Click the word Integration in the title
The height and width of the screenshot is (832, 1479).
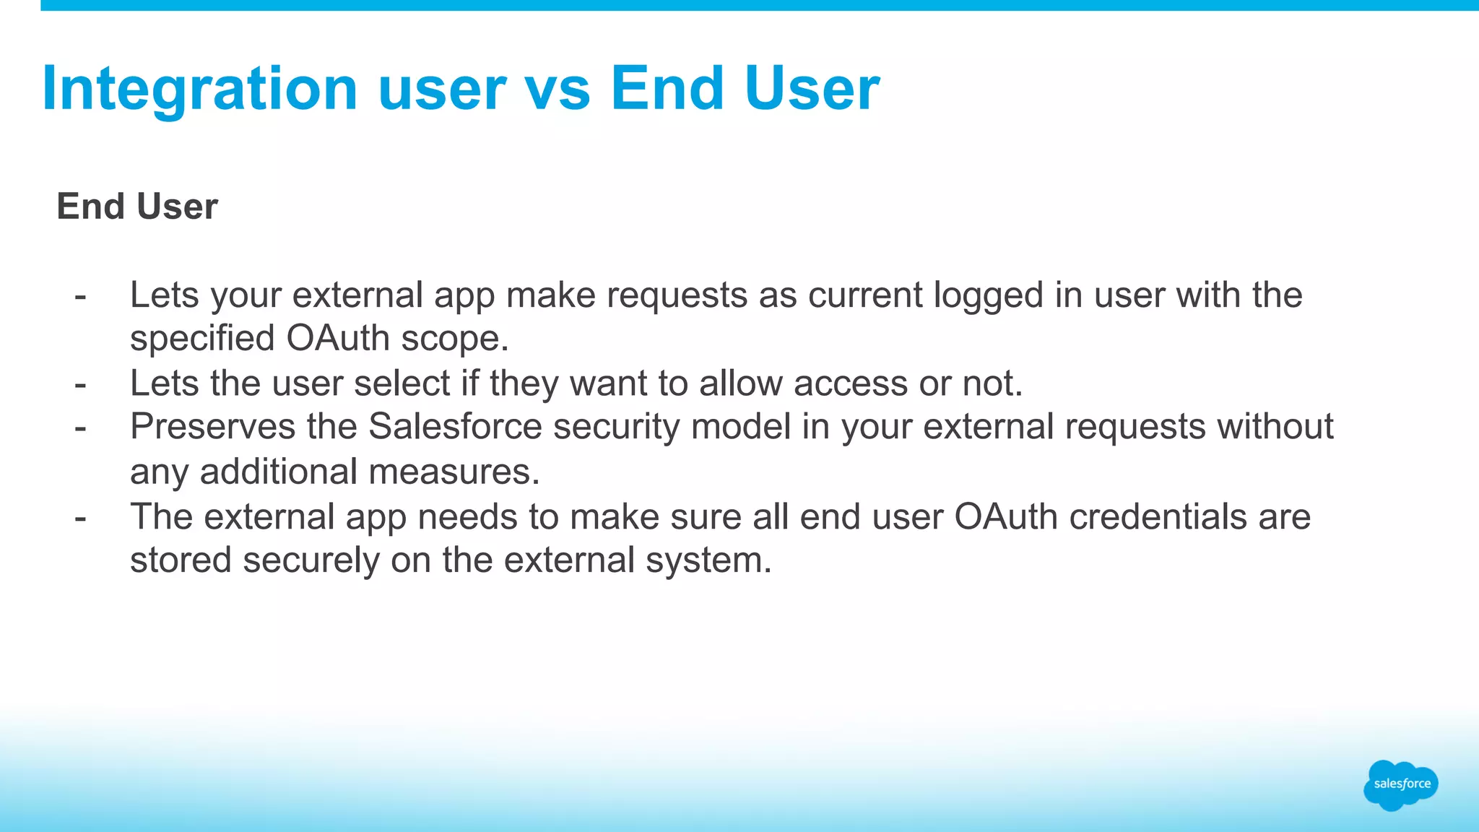(x=200, y=89)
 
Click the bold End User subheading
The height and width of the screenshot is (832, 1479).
(x=137, y=207)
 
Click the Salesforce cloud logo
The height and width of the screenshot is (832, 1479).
(x=1401, y=784)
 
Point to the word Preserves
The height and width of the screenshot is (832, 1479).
(x=212, y=426)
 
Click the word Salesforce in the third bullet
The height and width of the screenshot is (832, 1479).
(x=455, y=426)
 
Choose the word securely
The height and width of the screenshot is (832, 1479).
(x=311, y=560)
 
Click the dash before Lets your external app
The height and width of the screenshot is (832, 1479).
(x=80, y=295)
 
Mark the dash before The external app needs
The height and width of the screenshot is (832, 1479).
(x=80, y=517)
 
